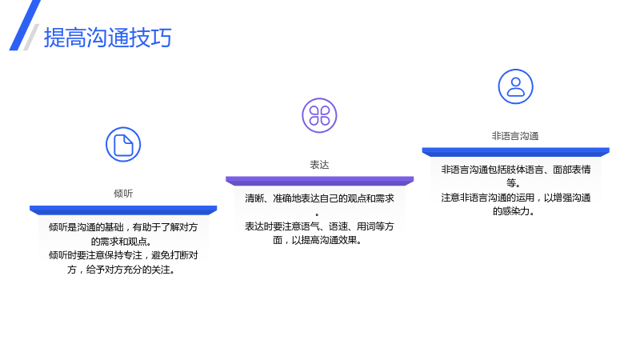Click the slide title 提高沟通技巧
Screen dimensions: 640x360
(108, 38)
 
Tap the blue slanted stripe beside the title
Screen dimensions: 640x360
(25, 26)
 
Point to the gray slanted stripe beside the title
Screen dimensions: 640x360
(31, 37)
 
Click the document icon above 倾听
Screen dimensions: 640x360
(123, 145)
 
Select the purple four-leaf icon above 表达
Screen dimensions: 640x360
(319, 115)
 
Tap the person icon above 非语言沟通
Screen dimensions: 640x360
(515, 86)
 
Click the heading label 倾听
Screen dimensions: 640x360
(123, 194)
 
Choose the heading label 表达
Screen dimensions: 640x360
(319, 165)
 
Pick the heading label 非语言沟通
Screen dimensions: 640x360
(515, 136)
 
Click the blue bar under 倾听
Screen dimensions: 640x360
(123, 210)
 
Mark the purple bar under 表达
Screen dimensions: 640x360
(319, 181)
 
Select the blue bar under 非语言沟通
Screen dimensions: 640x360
(515, 152)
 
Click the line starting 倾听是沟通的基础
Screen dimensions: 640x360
(123, 227)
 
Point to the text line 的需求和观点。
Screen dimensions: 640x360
(122, 242)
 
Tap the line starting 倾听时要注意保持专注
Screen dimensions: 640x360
(123, 255)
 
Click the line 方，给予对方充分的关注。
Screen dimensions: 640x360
(122, 270)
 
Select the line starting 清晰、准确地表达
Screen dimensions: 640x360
(319, 198)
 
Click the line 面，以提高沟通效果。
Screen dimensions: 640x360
(318, 240)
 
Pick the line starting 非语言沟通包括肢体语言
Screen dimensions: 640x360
(515, 170)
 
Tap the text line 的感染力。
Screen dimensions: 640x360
(514, 211)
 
